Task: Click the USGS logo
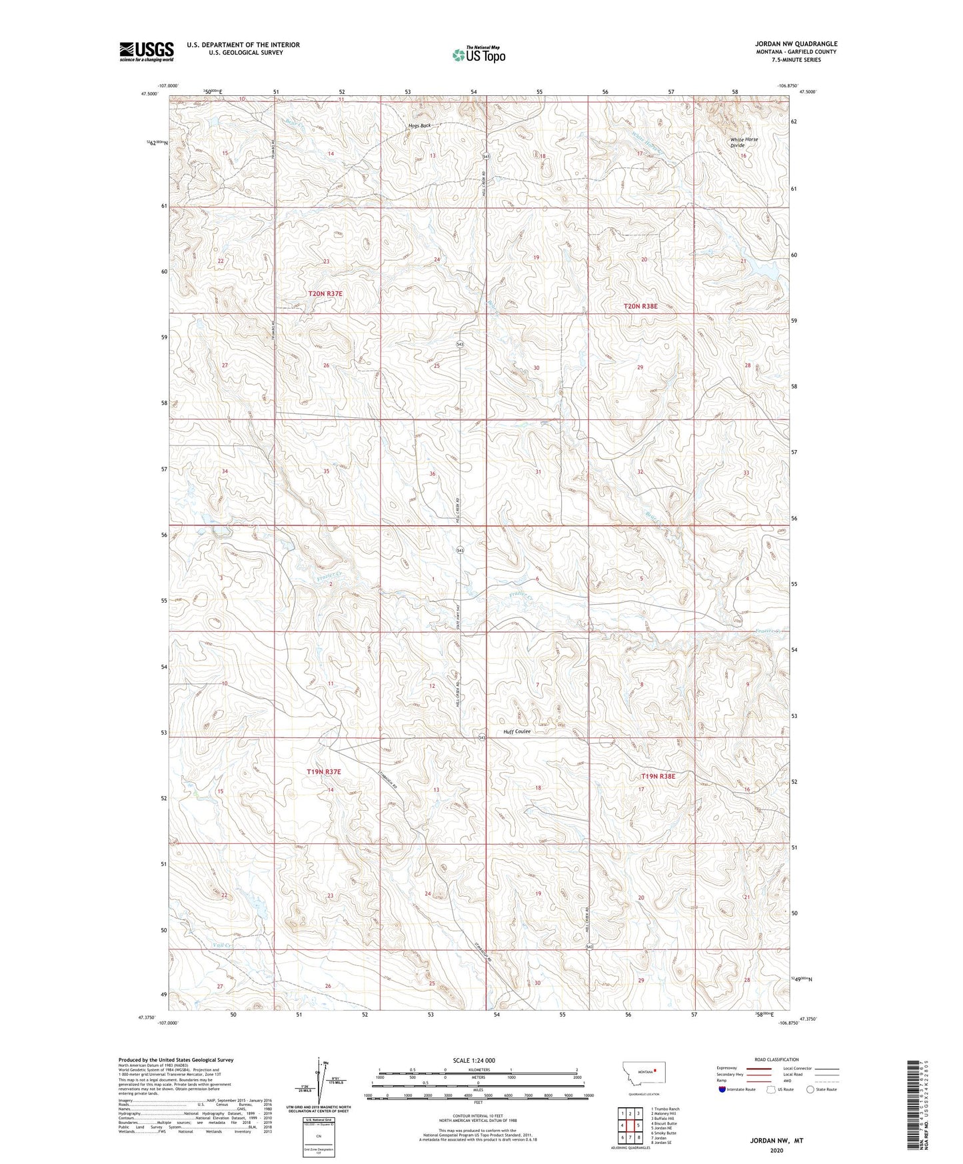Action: (146, 51)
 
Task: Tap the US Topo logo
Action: (479, 55)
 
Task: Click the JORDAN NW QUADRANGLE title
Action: (786, 44)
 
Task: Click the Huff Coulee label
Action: (517, 731)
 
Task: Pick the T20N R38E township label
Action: (640, 306)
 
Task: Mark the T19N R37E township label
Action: (324, 771)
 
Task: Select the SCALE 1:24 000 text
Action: (473, 1060)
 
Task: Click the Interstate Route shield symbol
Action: (722, 1090)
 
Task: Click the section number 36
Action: (432, 474)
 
